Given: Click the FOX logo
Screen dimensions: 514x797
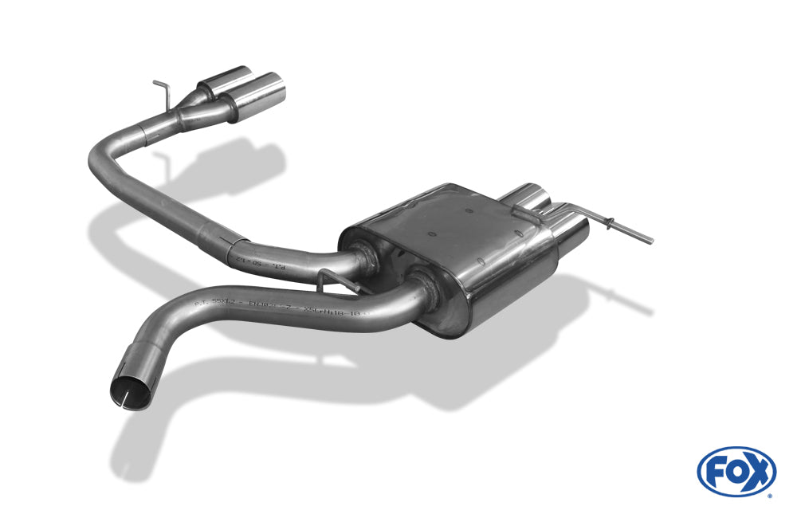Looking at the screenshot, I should (x=736, y=471).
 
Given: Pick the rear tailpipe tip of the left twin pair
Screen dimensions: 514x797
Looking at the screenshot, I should (x=220, y=84).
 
